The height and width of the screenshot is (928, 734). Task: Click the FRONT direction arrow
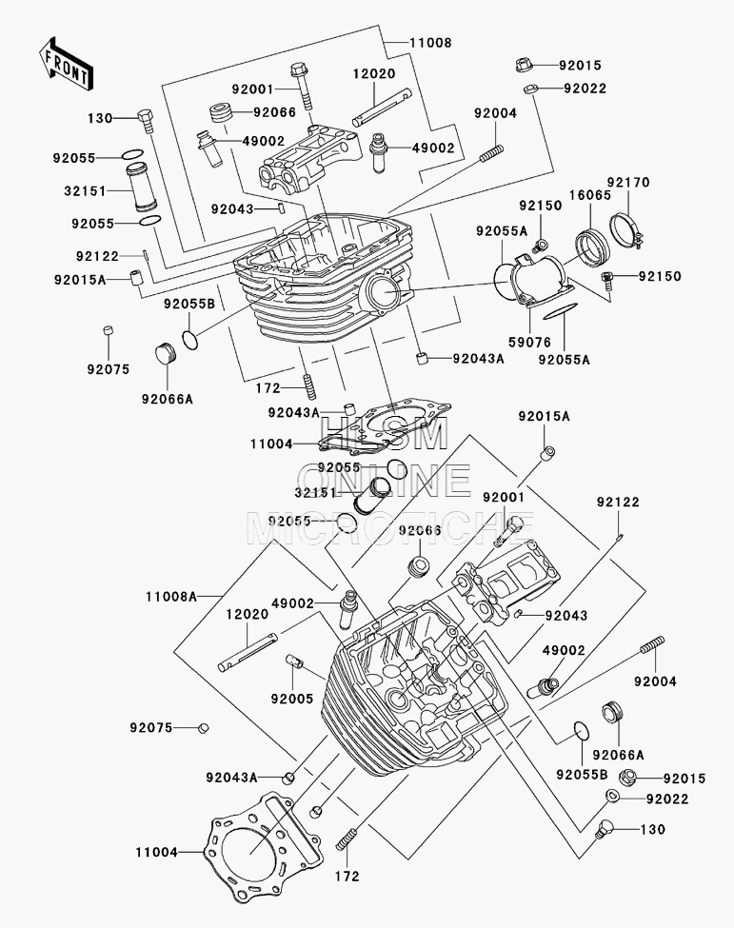coord(65,64)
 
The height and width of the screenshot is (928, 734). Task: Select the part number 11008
coord(430,43)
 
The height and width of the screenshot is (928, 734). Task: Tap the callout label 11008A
coord(171,597)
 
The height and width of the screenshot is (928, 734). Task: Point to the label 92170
coord(627,183)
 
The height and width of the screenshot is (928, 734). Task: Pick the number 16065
coord(590,195)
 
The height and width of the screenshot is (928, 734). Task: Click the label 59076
coord(529,342)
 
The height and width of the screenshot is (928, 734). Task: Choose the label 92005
coord(292,699)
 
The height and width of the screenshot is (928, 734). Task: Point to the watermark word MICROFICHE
coord(391,528)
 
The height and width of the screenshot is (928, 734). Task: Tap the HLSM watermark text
coord(385,433)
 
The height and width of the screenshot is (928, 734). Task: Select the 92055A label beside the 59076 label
coord(565,359)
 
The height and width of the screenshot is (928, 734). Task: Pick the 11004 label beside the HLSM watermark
coord(271,444)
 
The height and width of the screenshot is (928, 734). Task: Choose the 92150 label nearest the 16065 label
coord(541,206)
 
